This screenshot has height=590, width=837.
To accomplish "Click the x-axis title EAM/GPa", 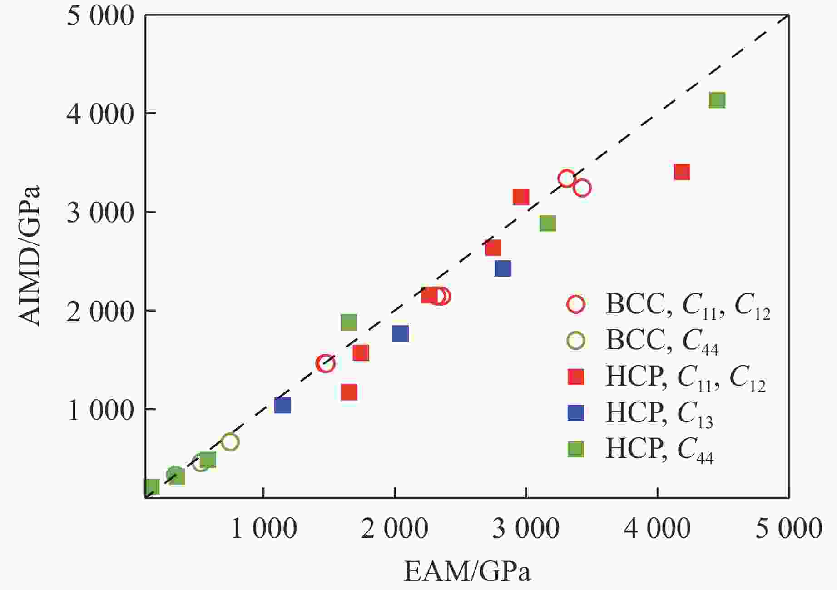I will [x=467, y=571].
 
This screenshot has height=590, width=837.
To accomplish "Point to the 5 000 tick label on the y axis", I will [x=101, y=16].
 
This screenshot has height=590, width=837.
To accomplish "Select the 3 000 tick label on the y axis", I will [x=101, y=213].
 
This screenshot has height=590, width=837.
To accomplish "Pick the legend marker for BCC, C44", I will [x=576, y=340].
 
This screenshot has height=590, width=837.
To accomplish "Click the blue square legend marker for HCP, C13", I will [x=576, y=413].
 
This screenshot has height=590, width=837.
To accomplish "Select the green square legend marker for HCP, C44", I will [x=576, y=449].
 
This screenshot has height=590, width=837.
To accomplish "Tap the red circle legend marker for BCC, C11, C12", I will [x=576, y=304].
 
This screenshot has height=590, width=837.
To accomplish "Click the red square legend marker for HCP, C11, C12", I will [x=576, y=377].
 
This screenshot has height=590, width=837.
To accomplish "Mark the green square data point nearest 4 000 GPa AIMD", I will [x=717, y=100].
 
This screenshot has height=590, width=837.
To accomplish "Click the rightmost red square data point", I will [x=682, y=172].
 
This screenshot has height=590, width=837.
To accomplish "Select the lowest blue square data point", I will [x=282, y=405].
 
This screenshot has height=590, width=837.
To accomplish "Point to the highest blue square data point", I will [x=503, y=268].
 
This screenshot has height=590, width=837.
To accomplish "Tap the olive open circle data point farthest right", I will [x=230, y=442].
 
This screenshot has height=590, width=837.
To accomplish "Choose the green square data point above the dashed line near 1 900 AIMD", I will [x=349, y=322].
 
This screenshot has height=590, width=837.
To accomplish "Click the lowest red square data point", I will [x=349, y=392].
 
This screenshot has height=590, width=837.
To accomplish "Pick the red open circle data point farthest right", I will [x=582, y=188].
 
